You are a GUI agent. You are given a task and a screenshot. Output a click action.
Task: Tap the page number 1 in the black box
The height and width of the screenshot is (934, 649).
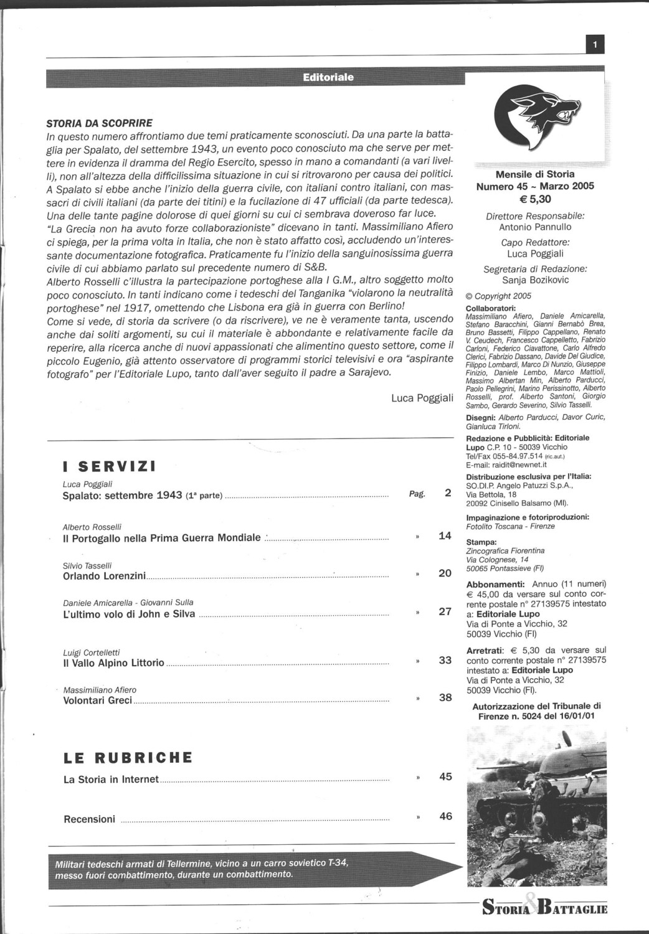(x=595, y=45)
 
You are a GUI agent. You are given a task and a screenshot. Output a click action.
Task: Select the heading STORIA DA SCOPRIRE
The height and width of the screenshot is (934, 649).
(x=100, y=123)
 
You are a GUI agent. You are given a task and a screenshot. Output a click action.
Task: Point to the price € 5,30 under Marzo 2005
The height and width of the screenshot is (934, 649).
(x=535, y=199)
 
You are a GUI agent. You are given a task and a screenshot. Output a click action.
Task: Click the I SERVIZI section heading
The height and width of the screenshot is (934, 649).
(x=109, y=467)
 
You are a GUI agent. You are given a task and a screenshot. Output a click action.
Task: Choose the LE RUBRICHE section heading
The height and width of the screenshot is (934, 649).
(x=128, y=758)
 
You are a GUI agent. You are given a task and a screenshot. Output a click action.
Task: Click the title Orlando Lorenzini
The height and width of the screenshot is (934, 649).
(x=104, y=576)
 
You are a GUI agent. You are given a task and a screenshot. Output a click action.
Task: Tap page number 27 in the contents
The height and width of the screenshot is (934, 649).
(x=445, y=611)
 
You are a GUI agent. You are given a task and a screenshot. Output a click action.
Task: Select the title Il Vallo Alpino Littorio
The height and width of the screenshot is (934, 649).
(x=113, y=663)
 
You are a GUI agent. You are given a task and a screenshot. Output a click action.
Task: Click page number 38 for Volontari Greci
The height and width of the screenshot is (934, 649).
(x=445, y=697)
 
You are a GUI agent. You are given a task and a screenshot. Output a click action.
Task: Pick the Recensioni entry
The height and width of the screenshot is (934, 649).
(x=89, y=819)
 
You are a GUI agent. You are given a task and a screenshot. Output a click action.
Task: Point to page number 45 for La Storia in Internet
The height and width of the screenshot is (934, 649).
(x=445, y=776)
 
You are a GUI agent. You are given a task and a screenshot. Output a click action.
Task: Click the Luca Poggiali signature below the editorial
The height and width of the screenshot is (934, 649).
(x=422, y=398)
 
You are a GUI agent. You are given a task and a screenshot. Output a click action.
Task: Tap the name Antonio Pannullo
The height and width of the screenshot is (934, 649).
(x=535, y=227)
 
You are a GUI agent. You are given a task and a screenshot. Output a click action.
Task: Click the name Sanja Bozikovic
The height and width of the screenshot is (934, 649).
(x=535, y=280)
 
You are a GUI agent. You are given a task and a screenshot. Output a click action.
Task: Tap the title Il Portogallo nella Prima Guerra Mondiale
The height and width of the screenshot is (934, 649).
(x=162, y=538)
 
